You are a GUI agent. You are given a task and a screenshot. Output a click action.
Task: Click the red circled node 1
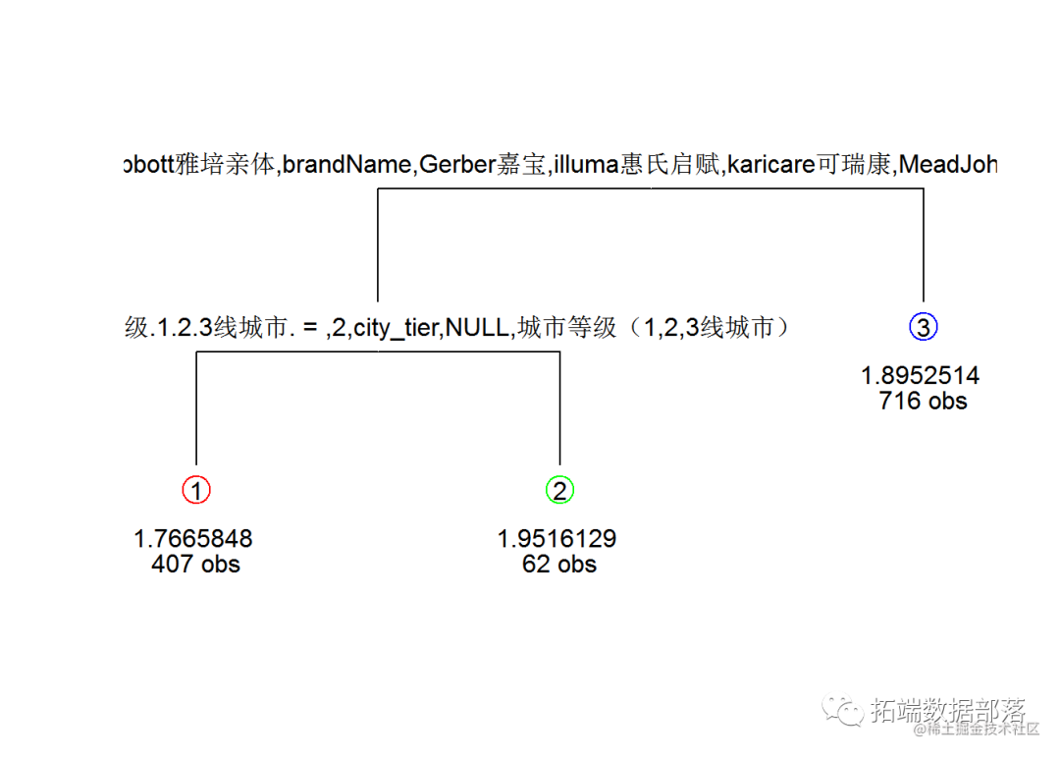tap(196, 490)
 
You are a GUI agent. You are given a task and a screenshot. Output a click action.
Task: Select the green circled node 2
tap(559, 490)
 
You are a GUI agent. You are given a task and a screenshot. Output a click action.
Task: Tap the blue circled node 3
tap(924, 327)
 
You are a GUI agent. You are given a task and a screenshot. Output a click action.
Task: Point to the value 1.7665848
tap(193, 539)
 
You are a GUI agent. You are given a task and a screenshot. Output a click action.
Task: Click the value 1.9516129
tap(556, 539)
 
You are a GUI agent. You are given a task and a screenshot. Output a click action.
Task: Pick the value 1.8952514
tap(921, 376)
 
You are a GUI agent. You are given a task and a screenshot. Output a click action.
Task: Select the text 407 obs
tap(195, 564)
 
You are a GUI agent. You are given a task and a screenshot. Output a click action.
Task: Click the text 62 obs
tap(559, 564)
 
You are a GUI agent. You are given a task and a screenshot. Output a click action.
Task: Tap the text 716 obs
tap(924, 401)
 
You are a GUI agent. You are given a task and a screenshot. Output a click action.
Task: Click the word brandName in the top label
tap(345, 165)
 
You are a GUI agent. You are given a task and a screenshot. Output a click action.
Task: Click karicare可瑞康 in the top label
tap(810, 165)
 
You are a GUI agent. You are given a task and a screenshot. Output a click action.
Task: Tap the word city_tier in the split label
tap(397, 328)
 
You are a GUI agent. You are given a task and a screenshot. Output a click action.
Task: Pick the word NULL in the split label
tap(477, 328)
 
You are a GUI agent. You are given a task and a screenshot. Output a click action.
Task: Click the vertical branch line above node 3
tap(924, 245)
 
